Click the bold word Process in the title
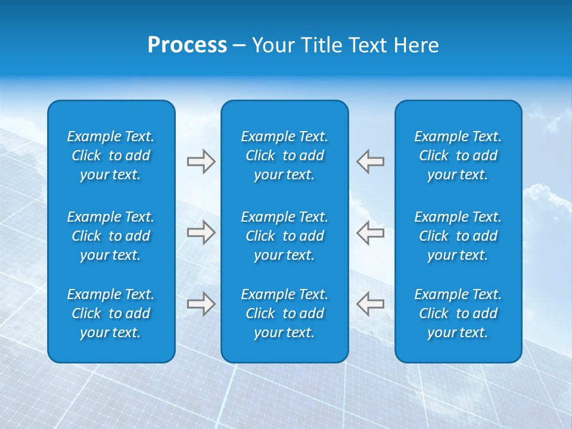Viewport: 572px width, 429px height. (187, 45)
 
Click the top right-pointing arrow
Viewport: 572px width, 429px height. (201, 161)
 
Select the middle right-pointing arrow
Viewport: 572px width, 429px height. (201, 232)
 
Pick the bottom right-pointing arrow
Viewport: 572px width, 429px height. (201, 304)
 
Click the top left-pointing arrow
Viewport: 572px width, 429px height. (371, 161)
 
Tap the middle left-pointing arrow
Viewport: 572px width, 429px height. (371, 232)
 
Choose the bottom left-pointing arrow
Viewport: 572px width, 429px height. (371, 304)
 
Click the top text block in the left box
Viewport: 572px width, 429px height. (111, 156)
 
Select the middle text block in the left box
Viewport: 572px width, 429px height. (111, 236)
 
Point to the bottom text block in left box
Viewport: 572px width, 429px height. (111, 313)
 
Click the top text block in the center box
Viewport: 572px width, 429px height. (285, 156)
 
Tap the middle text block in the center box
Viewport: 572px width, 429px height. (285, 236)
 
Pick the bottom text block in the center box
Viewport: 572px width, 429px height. (285, 313)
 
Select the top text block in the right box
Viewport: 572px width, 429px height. (458, 156)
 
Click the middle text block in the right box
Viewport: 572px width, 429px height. (458, 236)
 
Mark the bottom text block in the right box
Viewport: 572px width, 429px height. (458, 313)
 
